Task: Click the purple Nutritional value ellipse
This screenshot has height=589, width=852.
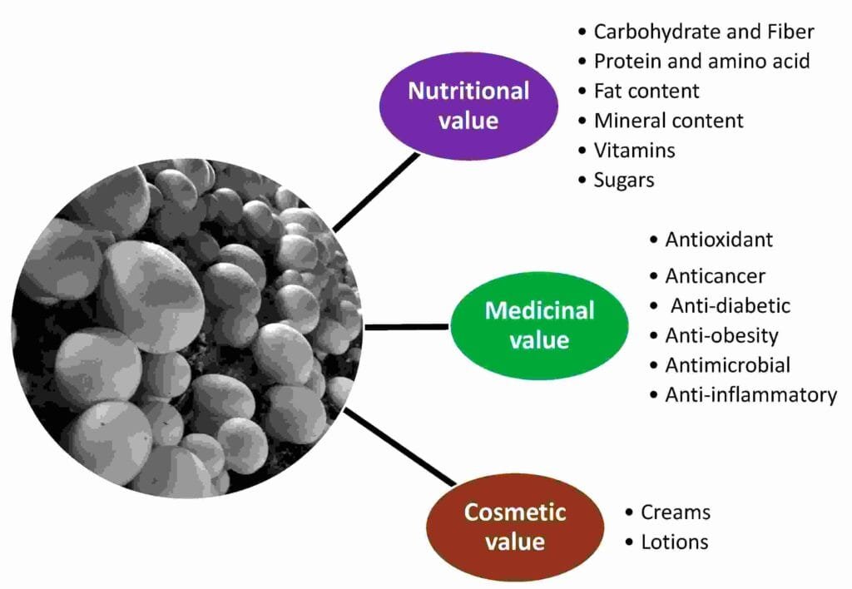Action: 468,106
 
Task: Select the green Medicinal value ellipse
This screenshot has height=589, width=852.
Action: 539,325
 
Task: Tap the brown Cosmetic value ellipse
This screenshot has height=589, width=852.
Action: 515,527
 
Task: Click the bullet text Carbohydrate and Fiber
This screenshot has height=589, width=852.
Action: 704,32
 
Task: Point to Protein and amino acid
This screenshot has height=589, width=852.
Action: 701,62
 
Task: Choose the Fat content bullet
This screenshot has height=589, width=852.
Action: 646,91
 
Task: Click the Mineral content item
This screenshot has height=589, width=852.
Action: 668,121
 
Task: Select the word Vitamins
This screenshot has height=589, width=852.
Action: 634,151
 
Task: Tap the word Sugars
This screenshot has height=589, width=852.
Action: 624,181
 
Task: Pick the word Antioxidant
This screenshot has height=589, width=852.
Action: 719,240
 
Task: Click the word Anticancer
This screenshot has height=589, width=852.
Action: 715,276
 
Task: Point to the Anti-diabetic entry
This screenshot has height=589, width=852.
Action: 731,306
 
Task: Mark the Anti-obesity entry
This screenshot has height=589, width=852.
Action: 721,336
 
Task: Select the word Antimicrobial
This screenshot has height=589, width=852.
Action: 727,365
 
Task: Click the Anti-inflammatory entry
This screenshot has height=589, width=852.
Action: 751,395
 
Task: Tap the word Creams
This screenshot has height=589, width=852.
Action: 676,512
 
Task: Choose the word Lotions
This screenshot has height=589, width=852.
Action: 674,542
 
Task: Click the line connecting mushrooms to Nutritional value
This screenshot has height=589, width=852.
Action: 376,192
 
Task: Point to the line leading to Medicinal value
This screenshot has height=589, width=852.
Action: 407,327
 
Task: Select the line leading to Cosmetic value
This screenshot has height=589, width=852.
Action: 400,447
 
